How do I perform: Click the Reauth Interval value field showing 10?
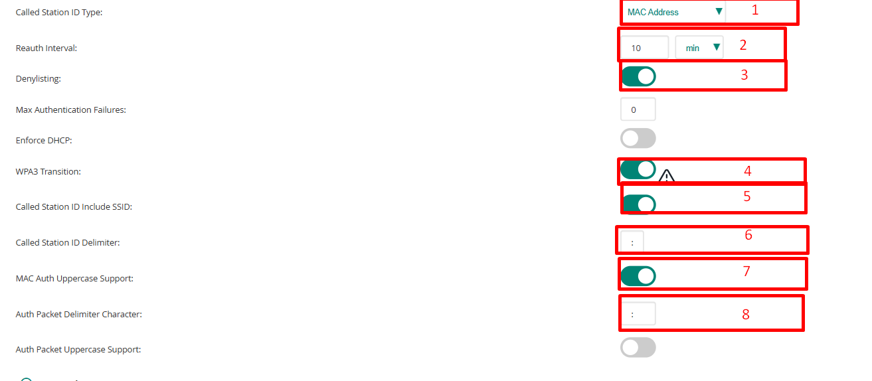click(x=644, y=48)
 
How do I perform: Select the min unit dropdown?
click(x=699, y=48)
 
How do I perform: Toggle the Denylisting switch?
click(x=638, y=76)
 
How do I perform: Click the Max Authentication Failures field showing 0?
click(x=638, y=110)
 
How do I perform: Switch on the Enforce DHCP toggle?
click(x=638, y=138)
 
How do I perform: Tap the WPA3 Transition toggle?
click(x=638, y=170)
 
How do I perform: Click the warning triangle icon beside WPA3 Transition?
click(x=666, y=176)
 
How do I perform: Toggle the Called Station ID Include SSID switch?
click(x=638, y=204)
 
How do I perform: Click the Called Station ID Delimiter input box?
click(x=632, y=242)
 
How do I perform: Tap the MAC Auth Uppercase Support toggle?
click(x=638, y=276)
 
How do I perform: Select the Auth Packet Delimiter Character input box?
click(x=638, y=314)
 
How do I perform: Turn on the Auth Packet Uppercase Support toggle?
click(x=638, y=347)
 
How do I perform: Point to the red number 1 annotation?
click(x=754, y=10)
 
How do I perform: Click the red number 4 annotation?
click(x=747, y=171)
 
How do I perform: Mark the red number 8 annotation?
click(x=745, y=315)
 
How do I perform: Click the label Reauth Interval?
click(x=46, y=48)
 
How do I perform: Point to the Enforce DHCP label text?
click(x=44, y=141)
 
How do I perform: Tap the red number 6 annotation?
click(x=748, y=235)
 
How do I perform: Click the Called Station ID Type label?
click(x=59, y=13)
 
